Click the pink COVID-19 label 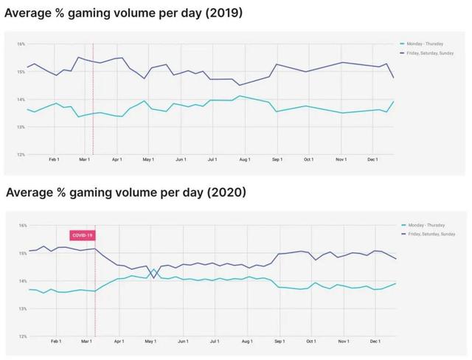coord(82,235)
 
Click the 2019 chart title coord(124,13)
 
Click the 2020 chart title coord(125,193)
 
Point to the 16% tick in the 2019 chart coord(21,44)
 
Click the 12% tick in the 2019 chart coord(21,155)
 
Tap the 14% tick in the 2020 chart coord(22,281)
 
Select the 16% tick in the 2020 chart coord(22,226)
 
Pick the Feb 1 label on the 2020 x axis coord(55,342)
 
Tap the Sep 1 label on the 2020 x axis coord(278,342)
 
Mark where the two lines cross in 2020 coord(153,272)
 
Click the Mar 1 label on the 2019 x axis coord(84,159)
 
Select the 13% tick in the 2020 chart coord(22,309)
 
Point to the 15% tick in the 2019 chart coord(21,72)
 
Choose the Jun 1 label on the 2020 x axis coord(181,342)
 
